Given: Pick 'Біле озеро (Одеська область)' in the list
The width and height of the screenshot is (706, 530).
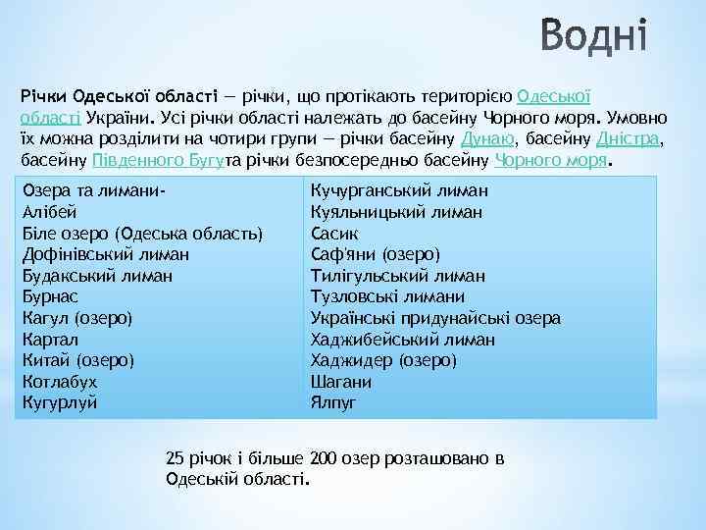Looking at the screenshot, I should (142, 234).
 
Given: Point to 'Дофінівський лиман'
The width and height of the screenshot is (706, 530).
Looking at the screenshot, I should (105, 254).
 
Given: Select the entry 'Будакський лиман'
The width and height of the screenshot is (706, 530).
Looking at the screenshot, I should (96, 276).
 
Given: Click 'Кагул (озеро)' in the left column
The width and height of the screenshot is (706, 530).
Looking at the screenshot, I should (76, 318).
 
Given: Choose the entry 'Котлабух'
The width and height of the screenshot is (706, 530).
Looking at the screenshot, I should (60, 382).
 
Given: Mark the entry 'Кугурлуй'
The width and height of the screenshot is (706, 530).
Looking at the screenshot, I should (60, 402).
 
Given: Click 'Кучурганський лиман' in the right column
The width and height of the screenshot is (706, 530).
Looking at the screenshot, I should (399, 190).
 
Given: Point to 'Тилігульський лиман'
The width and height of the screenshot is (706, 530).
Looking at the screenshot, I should (397, 276).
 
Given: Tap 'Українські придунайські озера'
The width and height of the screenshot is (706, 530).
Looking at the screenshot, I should (435, 318).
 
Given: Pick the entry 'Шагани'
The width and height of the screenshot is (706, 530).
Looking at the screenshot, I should (340, 382).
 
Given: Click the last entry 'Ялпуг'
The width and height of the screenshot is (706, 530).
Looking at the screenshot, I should (333, 402).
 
